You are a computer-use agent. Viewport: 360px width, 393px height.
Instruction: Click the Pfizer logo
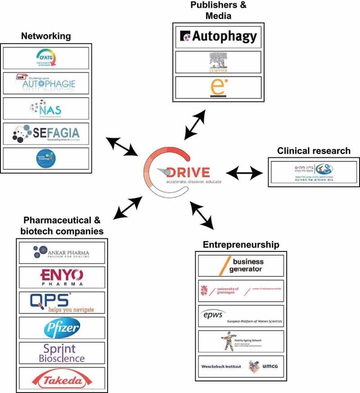point(62,328)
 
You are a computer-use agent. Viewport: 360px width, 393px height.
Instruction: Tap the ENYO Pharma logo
point(62,277)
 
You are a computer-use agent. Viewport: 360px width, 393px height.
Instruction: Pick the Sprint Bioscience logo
point(62,353)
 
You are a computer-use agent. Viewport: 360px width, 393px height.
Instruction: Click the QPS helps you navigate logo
point(62,303)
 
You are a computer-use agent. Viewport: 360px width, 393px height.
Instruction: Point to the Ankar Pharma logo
point(62,253)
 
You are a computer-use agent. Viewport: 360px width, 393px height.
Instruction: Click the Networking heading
point(47,36)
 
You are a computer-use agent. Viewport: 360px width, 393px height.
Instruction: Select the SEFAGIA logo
point(46,134)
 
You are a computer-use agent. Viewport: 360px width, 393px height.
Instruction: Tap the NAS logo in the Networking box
point(46,108)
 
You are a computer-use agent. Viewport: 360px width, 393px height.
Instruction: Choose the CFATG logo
point(46,58)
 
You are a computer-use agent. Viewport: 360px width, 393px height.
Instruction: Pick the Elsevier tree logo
point(218,62)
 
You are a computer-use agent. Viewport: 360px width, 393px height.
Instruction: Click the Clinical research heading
point(313,151)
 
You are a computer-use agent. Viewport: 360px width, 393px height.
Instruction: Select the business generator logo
point(241,265)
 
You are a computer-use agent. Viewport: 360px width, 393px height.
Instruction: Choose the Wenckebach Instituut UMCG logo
point(241,366)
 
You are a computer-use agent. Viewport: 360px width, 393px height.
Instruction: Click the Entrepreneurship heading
point(241,245)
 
